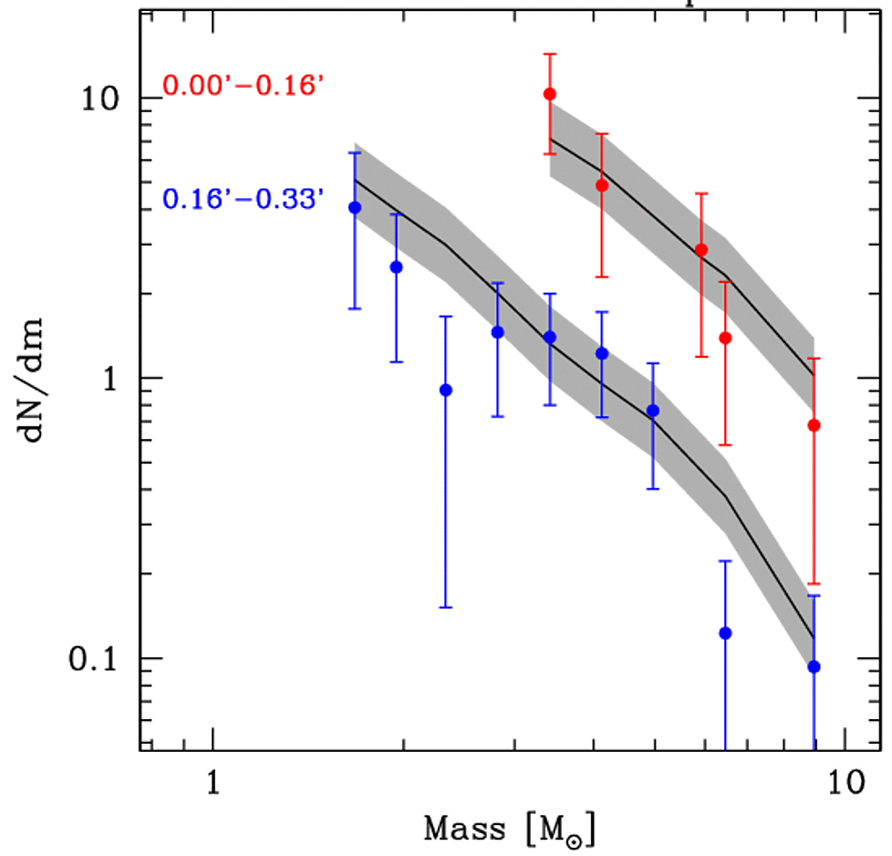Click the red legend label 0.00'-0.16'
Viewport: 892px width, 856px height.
coord(244,88)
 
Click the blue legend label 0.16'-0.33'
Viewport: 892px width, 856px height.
coord(244,198)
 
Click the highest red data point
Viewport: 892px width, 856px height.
coord(550,94)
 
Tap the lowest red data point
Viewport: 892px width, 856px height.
coord(814,425)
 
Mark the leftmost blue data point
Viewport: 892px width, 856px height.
coord(356,208)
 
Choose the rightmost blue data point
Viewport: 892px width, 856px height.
coord(814,667)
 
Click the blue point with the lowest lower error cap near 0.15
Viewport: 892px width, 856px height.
coord(446,391)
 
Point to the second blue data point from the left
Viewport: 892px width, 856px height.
coord(396,267)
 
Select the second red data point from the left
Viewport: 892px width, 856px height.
coord(602,185)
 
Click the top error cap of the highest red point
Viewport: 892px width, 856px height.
coord(550,54)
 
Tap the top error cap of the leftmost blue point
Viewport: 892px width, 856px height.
coord(356,152)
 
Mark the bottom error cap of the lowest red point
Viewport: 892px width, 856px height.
coord(814,583)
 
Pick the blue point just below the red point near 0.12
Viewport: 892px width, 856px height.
coord(726,633)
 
